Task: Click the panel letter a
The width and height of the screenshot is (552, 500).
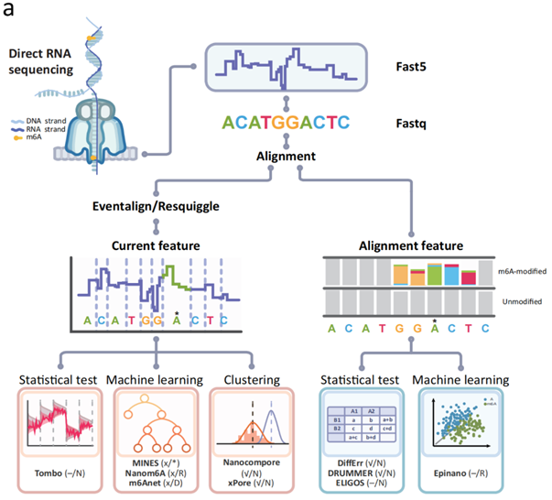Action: (x=9, y=10)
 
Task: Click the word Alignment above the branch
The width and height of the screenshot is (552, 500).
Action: (x=286, y=157)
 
